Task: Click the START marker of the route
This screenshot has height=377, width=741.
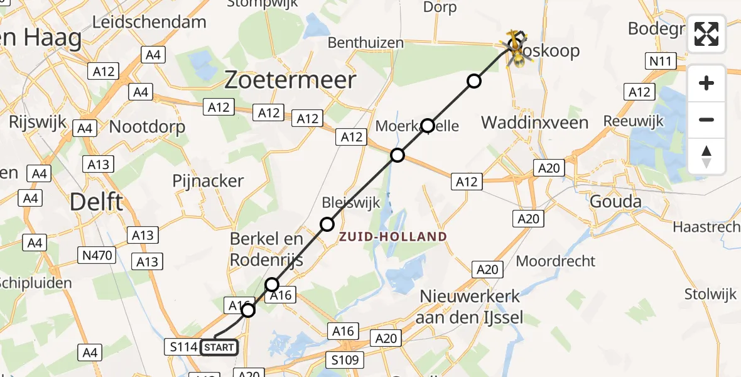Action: click(x=219, y=347)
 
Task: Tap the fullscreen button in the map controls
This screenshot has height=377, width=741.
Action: click(x=706, y=34)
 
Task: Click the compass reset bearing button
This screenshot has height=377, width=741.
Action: click(x=706, y=156)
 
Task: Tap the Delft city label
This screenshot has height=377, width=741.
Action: click(x=96, y=202)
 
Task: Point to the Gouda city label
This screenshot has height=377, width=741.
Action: click(x=615, y=202)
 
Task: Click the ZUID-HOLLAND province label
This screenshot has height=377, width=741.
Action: click(x=394, y=237)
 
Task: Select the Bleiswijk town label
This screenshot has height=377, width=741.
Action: click(x=343, y=203)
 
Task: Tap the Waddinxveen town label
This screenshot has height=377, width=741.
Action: click(x=535, y=122)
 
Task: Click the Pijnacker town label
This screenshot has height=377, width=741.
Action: click(x=208, y=181)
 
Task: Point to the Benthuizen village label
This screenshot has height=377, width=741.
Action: click(x=365, y=43)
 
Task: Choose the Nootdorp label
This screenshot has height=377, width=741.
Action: click(x=147, y=127)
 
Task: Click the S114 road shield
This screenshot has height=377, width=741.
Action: click(x=181, y=346)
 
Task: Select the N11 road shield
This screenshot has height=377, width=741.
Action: click(x=660, y=61)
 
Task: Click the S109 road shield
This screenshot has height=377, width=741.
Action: click(x=345, y=360)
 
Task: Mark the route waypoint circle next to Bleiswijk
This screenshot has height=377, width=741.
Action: click(x=327, y=224)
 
